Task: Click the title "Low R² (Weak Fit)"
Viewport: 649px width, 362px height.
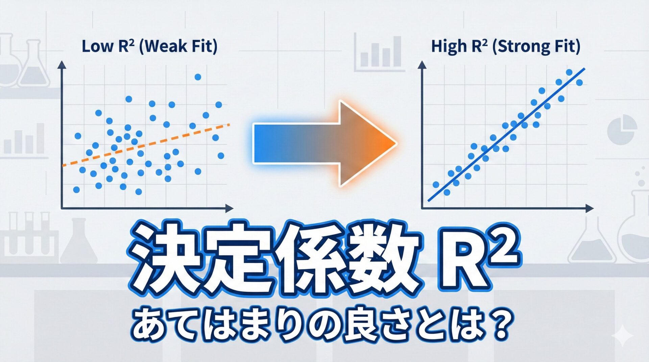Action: pos(149,46)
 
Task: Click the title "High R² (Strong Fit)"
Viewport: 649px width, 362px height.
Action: pos(506,46)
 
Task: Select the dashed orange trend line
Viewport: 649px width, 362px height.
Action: pos(146,145)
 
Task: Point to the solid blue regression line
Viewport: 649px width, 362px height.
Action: pos(506,135)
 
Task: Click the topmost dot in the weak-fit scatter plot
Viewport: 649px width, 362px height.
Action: pos(198,77)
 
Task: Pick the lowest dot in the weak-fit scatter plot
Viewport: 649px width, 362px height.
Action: pos(138,192)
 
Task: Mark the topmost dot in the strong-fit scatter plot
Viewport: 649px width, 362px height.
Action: pos(569,72)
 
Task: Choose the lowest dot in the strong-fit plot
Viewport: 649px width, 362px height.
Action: pos(447,192)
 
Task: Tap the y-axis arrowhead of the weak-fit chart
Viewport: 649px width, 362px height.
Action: pos(62,65)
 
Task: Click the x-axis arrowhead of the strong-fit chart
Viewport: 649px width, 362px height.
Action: pos(590,208)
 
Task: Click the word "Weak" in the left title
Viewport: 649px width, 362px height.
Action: pos(164,46)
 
